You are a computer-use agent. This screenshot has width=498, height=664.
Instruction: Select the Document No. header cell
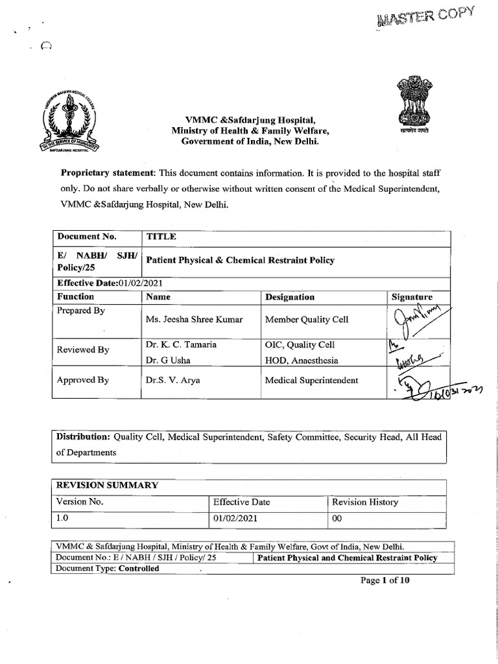point(87,237)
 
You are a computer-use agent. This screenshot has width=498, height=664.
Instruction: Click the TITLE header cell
point(161,237)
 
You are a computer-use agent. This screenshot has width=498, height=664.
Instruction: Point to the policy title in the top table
point(241,260)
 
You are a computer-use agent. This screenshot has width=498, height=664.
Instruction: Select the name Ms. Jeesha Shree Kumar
point(195,320)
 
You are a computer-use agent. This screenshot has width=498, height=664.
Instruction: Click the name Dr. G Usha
point(168,361)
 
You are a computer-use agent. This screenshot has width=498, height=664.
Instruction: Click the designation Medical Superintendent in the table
point(311,381)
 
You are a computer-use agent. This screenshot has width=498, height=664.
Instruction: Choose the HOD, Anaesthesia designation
point(301,361)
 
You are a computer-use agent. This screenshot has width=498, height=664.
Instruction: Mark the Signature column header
point(412,297)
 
